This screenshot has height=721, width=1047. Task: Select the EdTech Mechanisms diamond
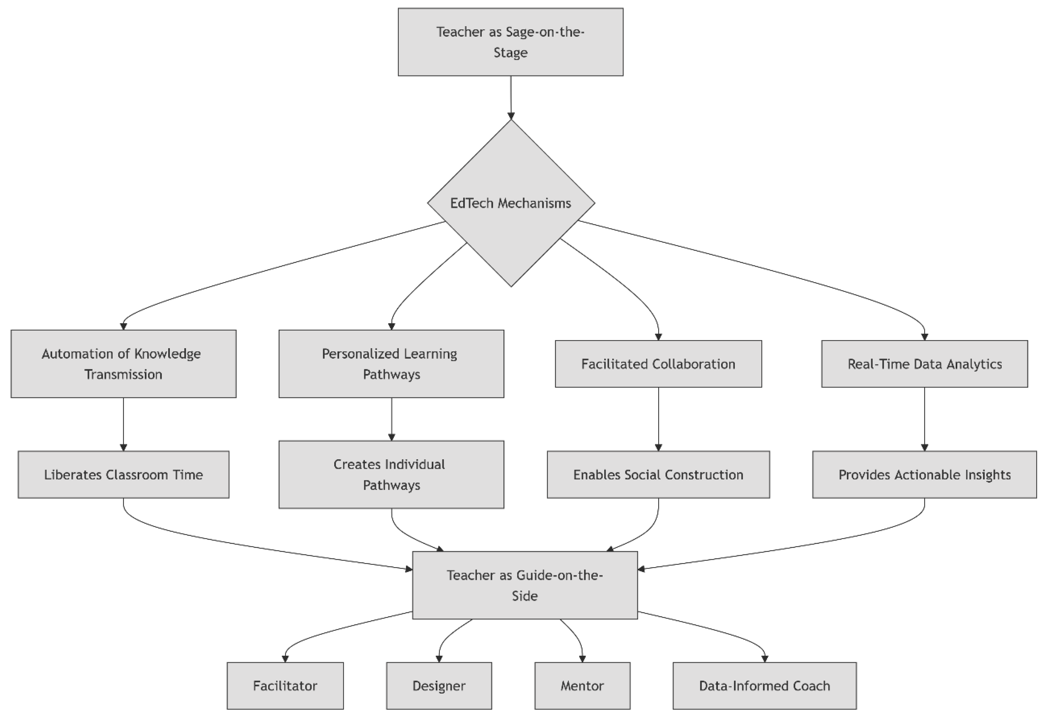pyautogui.click(x=510, y=203)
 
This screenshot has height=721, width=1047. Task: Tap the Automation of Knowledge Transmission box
pyautogui.click(x=123, y=364)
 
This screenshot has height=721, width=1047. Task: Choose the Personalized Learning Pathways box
pyautogui.click(x=391, y=364)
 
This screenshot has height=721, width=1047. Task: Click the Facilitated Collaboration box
pyautogui.click(x=658, y=364)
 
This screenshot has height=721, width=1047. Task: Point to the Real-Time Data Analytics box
pyautogui.click(x=924, y=364)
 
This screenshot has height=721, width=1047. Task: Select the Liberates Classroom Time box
pyautogui.click(x=123, y=474)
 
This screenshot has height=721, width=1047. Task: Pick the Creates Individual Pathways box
pyautogui.click(x=391, y=474)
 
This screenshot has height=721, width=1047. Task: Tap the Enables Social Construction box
pyautogui.click(x=658, y=474)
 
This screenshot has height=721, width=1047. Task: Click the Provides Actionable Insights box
pyautogui.click(x=924, y=474)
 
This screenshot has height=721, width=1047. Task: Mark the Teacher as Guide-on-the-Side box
pyautogui.click(x=525, y=585)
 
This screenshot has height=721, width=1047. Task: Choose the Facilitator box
pyautogui.click(x=285, y=686)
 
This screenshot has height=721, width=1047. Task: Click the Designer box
pyautogui.click(x=439, y=686)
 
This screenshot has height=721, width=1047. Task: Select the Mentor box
pyautogui.click(x=582, y=686)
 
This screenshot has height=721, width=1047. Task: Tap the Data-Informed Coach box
pyautogui.click(x=764, y=686)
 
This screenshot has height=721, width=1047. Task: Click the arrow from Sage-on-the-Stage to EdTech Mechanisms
pyautogui.click(x=511, y=97)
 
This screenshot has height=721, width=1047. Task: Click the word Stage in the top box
pyautogui.click(x=510, y=53)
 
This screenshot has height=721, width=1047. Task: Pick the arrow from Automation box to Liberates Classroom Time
pyautogui.click(x=123, y=424)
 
